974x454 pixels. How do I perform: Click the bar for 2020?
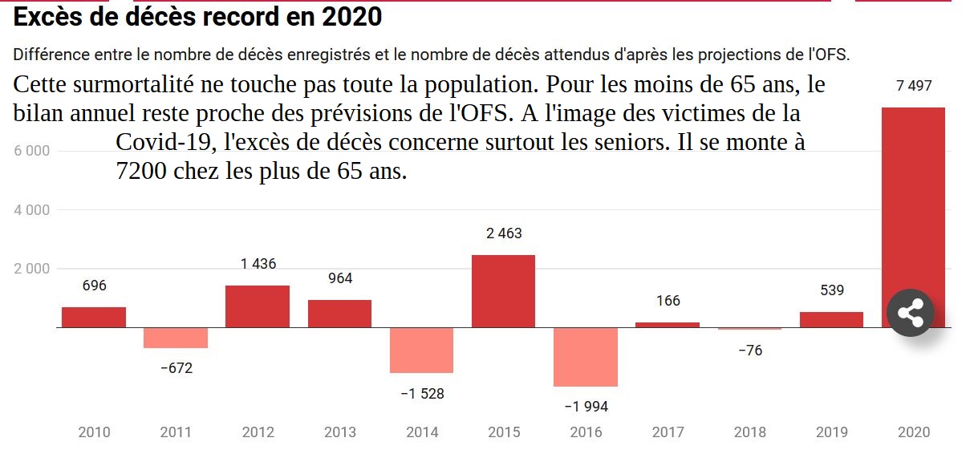tap(913, 201)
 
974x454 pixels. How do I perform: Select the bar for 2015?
tap(503, 291)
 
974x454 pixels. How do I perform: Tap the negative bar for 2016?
tap(586, 357)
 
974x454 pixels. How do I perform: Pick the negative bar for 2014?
tap(421, 350)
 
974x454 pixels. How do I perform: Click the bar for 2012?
tap(257, 306)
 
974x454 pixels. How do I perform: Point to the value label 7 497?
tap(914, 86)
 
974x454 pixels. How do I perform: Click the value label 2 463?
tap(504, 233)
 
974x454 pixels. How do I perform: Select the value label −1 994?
tap(586, 407)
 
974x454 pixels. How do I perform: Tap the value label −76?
tap(749, 351)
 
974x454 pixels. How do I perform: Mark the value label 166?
tap(668, 301)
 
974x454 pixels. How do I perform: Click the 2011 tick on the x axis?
tap(176, 432)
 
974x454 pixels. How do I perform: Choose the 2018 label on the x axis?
tap(749, 432)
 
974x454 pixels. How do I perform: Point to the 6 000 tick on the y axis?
tap(32, 151)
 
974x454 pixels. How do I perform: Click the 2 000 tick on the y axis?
tap(32, 269)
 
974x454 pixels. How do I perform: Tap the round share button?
tap(911, 312)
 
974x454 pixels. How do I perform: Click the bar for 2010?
tap(94, 318)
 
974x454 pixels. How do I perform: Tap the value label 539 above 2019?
tap(832, 290)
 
